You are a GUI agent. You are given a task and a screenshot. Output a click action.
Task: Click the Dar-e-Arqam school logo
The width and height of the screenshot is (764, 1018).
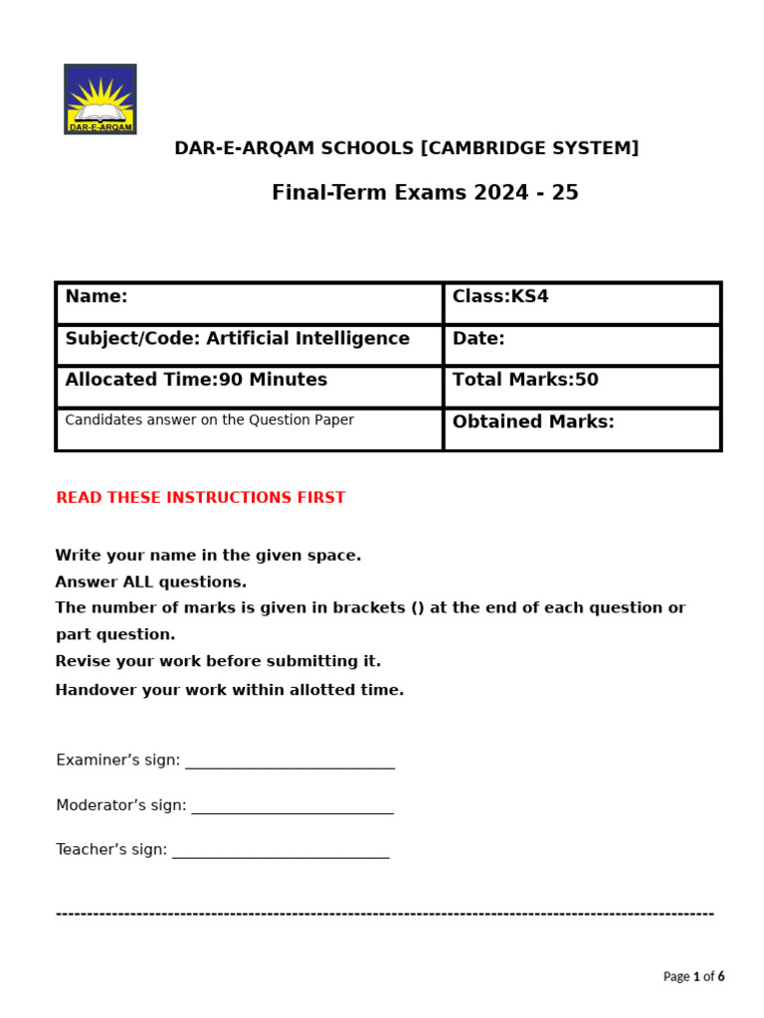(99, 99)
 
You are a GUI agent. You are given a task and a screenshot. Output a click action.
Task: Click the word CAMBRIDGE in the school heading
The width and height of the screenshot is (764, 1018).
(478, 148)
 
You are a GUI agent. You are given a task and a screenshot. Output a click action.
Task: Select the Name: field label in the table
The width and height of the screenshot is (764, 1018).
(96, 296)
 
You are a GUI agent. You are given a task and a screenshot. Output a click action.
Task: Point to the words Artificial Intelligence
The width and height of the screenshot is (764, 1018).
(307, 338)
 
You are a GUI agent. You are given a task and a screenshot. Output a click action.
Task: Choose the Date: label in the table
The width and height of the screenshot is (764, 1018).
(478, 338)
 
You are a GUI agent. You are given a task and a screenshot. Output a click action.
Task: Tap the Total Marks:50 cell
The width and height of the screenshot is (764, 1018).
(525, 380)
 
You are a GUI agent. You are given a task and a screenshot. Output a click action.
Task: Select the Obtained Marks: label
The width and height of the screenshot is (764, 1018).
(533, 422)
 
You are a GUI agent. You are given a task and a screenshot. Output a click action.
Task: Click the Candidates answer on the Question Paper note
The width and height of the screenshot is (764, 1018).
(209, 420)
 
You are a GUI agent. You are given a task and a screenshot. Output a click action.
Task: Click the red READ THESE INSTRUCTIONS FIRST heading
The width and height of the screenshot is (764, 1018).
(201, 498)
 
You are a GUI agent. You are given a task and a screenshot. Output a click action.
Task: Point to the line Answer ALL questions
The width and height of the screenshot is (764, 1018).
(151, 582)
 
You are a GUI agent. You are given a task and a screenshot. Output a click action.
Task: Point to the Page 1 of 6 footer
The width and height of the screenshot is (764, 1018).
(693, 976)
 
